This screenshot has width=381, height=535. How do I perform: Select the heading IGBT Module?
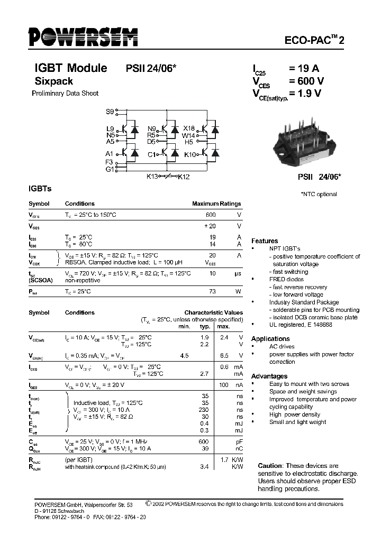click(70, 68)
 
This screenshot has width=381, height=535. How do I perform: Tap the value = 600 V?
click(306, 81)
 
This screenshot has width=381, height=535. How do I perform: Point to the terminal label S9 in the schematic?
click(110, 112)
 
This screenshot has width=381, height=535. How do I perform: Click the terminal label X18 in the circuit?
click(189, 128)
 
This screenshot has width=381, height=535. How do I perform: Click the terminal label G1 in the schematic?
click(109, 169)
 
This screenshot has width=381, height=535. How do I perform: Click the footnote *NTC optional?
click(319, 194)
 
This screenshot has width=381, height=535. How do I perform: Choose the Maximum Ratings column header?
click(216, 204)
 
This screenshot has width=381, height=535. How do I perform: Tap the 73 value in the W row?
click(212, 291)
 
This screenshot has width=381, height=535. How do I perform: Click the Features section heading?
click(264, 241)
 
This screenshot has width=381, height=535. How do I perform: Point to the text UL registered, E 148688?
click(301, 325)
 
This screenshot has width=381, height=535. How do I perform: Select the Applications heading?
click(270, 338)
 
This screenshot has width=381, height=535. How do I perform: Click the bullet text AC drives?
click(282, 347)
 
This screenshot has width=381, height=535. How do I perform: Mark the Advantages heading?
click(269, 376)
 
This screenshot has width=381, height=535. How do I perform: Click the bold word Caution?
click(270, 465)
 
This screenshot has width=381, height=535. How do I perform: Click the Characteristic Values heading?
click(213, 312)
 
